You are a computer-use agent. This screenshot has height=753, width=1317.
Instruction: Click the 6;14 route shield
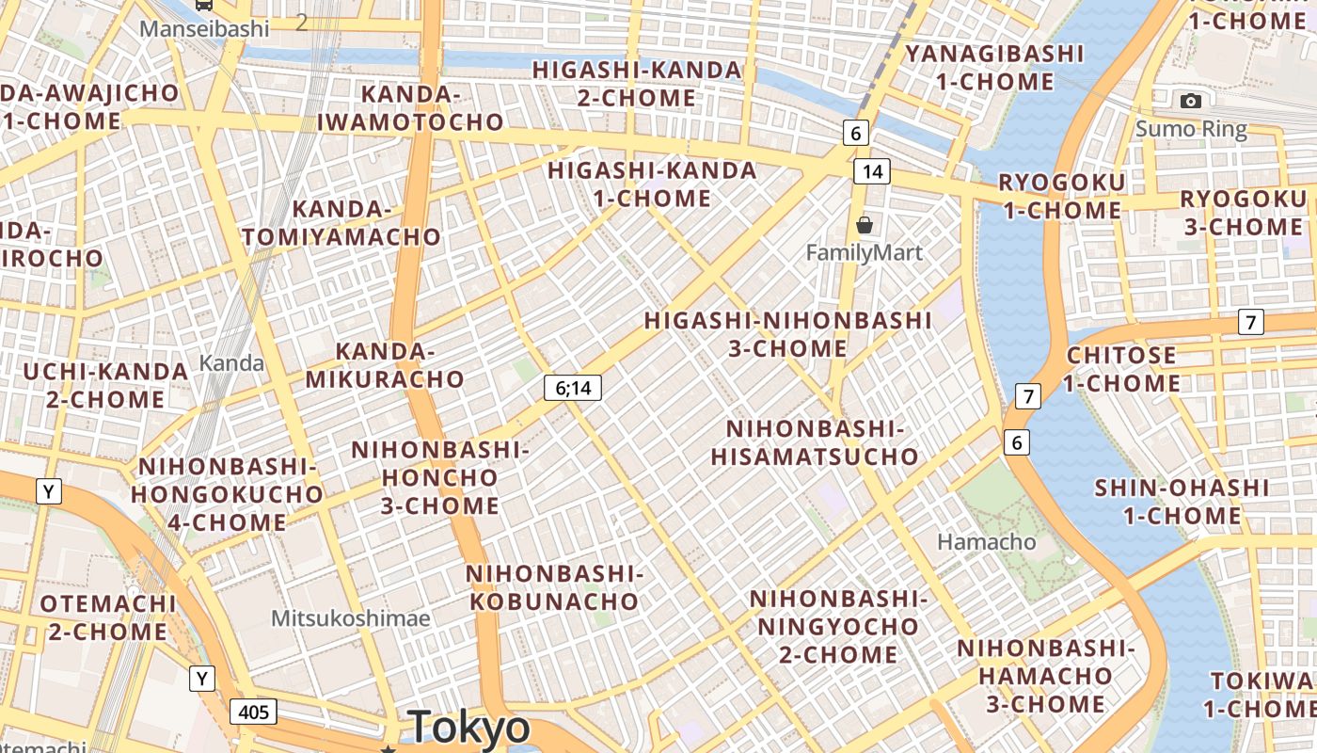[572, 387]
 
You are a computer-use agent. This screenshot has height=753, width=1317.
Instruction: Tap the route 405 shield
[253, 712]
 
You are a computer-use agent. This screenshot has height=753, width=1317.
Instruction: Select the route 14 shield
[872, 171]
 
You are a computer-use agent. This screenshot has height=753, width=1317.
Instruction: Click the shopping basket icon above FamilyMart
[864, 225]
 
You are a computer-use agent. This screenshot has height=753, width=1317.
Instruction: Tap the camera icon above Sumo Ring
[1190, 101]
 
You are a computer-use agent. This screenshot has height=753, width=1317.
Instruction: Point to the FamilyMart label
[865, 252]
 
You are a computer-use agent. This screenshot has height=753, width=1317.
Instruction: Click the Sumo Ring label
[1191, 129]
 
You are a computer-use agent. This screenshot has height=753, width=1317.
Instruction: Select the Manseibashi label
[204, 29]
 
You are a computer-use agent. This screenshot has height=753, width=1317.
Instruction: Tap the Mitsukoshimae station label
[350, 618]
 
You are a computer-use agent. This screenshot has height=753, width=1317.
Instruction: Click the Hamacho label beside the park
[987, 542]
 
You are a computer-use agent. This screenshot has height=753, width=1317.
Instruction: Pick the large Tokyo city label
[469, 728]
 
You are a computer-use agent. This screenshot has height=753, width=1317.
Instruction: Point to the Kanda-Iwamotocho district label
[410, 108]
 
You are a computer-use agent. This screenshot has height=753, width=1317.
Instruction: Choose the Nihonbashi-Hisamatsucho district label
[814, 443]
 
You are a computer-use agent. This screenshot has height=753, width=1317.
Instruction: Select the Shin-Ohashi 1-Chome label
[1182, 502]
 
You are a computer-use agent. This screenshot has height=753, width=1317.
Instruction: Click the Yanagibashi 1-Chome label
[994, 67]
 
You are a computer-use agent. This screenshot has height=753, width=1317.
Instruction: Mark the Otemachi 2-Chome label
[107, 617]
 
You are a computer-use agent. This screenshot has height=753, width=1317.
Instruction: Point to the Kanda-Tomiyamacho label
[341, 223]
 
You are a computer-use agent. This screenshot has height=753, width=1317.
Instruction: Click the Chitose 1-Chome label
[1121, 369]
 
